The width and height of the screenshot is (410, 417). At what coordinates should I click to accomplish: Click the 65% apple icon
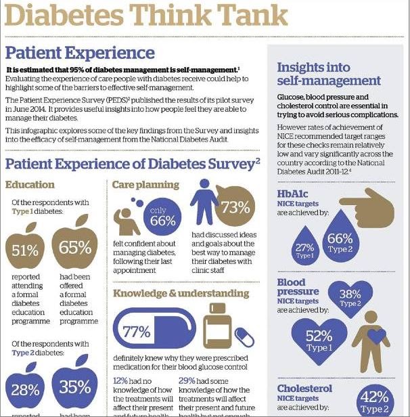tap(74, 246)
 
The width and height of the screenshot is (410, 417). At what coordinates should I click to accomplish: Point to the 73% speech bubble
tap(235, 206)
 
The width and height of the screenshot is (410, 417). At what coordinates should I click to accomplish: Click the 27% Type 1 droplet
tap(304, 248)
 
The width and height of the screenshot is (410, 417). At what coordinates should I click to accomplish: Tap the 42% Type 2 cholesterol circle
tap(375, 401)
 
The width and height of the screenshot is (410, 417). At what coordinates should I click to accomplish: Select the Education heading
tap(30, 184)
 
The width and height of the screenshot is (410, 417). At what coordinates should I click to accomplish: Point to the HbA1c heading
tap(294, 194)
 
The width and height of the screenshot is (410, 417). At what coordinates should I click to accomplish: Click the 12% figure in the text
tap(120, 380)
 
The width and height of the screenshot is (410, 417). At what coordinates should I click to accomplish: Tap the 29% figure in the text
tap(187, 380)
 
